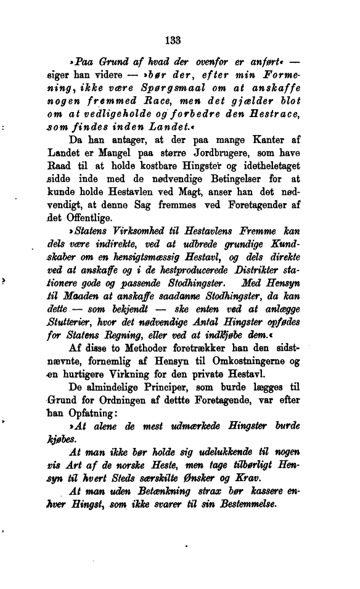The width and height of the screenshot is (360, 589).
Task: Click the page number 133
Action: click(173, 41)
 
